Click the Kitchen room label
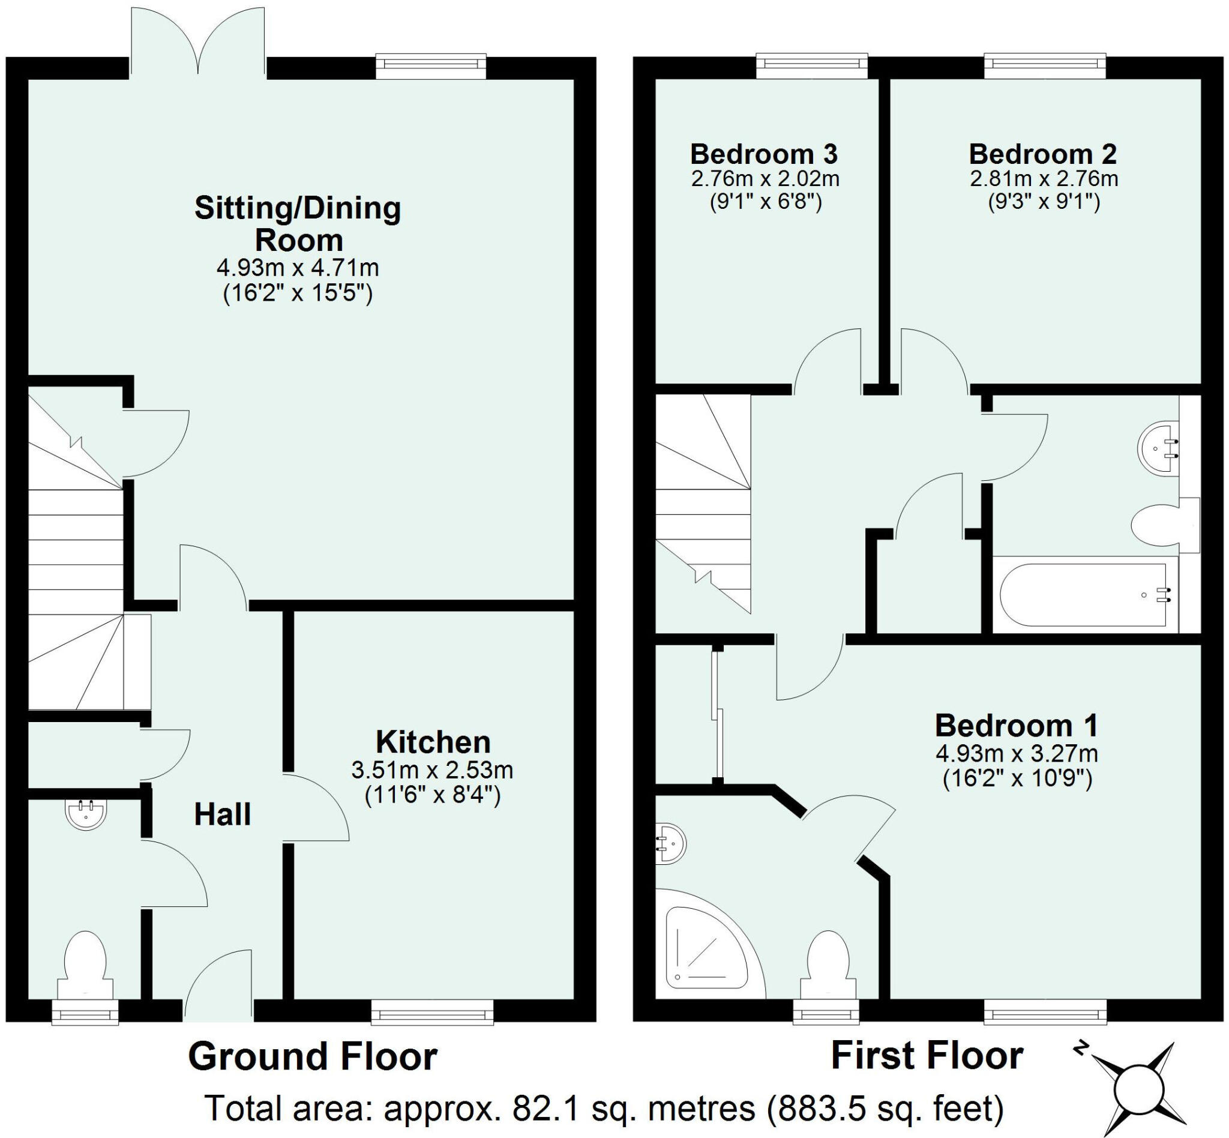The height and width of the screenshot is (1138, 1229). click(x=433, y=742)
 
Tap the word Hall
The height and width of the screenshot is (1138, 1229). click(x=222, y=814)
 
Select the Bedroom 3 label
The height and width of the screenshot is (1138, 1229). click(x=763, y=154)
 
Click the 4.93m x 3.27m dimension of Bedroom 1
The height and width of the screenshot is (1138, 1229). click(x=1017, y=753)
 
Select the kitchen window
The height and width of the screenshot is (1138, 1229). click(x=431, y=1012)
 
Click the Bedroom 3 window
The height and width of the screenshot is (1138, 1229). click(x=811, y=66)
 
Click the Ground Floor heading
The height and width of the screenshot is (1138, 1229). click(x=312, y=1056)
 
